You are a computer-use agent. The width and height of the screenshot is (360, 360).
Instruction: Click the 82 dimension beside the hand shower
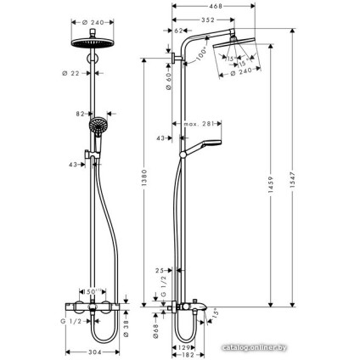pos(79,114)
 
